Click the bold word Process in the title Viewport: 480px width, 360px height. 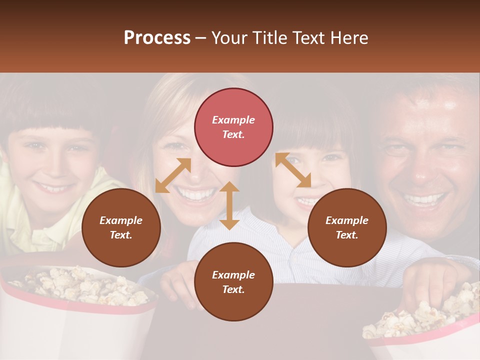click(157, 38)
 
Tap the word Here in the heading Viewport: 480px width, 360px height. click(350, 38)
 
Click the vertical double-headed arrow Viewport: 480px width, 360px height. click(229, 205)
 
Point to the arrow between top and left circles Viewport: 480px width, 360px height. click(173, 175)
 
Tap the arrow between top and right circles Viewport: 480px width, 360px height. click(293, 170)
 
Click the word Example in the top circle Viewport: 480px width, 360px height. click(233, 120)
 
